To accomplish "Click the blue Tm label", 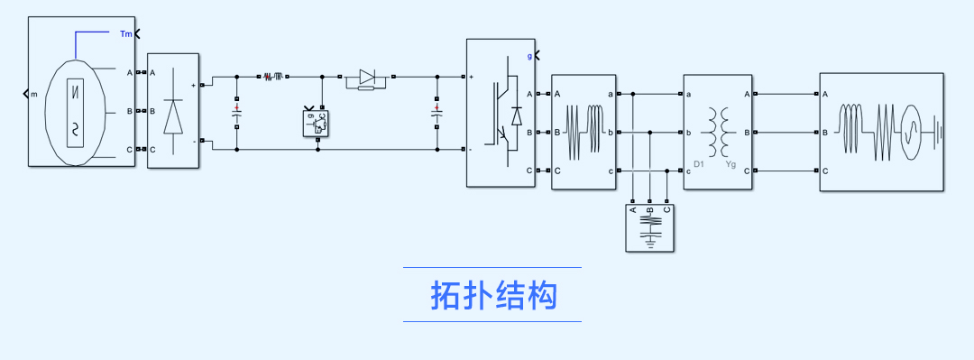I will [x=126, y=34].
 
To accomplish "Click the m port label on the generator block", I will [x=34, y=93].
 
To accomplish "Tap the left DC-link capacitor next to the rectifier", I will [x=237, y=114].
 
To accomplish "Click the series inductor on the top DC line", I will [x=274, y=77].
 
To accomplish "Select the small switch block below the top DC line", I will [x=317, y=124].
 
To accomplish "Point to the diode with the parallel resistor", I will [x=366, y=80].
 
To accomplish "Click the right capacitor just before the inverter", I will [x=436, y=114].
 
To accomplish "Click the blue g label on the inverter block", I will [x=529, y=56].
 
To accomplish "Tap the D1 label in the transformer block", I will [x=699, y=164].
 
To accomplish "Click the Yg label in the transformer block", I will [x=731, y=164].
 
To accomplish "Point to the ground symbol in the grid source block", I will [x=938, y=133].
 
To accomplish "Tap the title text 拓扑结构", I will [x=492, y=295].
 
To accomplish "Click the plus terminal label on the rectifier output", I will [x=193, y=85].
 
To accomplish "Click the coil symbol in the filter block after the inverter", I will [x=583, y=132].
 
